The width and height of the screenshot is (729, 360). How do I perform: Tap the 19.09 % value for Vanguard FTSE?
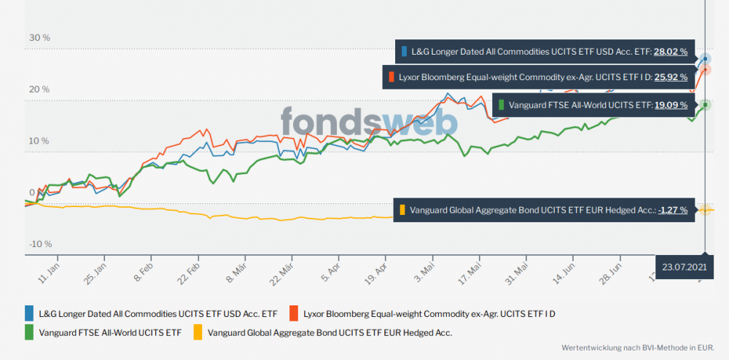(671, 105)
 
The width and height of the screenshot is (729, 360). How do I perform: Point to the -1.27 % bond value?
(672, 210)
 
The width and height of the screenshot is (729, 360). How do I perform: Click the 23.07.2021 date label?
(685, 267)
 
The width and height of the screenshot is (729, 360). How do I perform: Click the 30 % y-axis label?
(39, 38)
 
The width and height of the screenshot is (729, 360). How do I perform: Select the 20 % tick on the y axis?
(39, 90)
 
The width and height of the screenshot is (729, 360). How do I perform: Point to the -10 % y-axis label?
(40, 243)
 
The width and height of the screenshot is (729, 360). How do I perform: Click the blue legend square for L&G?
(29, 314)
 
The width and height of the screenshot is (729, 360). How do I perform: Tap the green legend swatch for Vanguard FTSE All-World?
(29, 333)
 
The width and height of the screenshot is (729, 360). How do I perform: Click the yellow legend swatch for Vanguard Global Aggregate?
(198, 333)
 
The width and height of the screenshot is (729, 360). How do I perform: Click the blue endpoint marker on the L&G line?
(706, 58)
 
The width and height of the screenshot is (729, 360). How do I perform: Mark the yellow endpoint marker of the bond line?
(706, 210)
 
